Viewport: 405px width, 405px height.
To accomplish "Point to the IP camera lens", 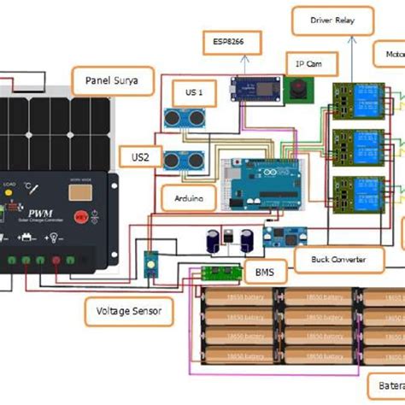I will coord(299,88).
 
